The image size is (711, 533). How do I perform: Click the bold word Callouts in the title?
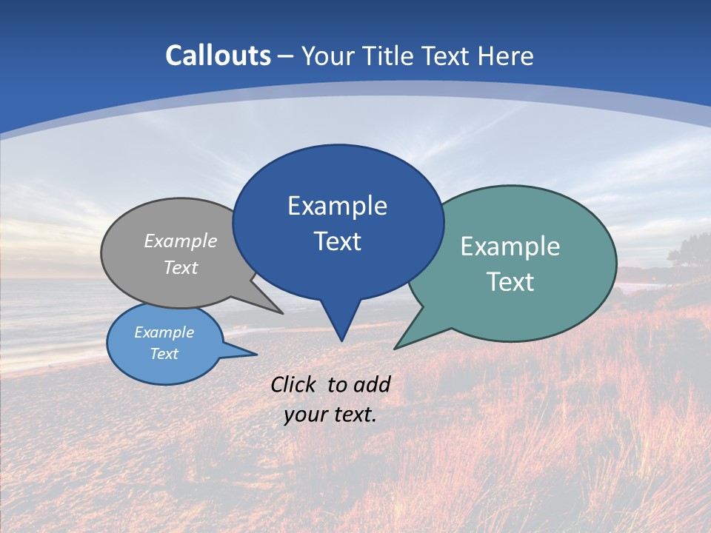(x=218, y=56)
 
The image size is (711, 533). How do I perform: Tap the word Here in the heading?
(x=506, y=56)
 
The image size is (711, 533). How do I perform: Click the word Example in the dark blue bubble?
(x=337, y=206)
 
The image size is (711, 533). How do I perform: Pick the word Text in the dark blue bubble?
(x=337, y=241)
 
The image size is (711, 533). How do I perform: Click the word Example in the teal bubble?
(x=510, y=247)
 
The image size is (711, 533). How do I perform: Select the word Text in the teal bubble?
(x=510, y=282)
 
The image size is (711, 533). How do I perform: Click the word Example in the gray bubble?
(x=181, y=241)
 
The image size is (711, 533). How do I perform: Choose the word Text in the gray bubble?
(x=181, y=267)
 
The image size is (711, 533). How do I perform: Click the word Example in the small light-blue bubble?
(x=164, y=332)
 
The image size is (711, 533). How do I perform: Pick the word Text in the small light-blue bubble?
(x=164, y=354)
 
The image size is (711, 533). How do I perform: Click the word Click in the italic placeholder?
(x=295, y=384)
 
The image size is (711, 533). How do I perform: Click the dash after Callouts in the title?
(x=286, y=56)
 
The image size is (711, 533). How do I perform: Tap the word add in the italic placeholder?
(x=372, y=384)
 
